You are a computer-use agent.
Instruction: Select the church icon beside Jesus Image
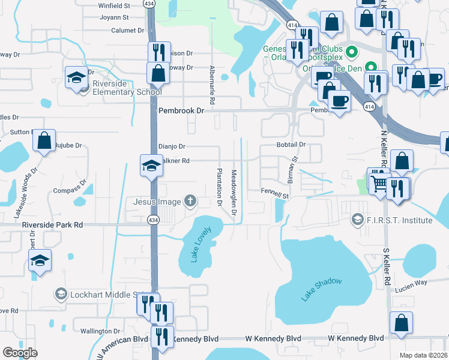(190, 200)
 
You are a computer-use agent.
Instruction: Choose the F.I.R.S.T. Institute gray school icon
(358, 220)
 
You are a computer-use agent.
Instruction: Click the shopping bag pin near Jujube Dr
(44, 141)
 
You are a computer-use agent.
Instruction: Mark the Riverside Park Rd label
(52, 224)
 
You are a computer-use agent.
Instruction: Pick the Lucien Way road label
(411, 282)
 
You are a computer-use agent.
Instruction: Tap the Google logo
(20, 352)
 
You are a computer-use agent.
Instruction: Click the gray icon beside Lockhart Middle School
(61, 294)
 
